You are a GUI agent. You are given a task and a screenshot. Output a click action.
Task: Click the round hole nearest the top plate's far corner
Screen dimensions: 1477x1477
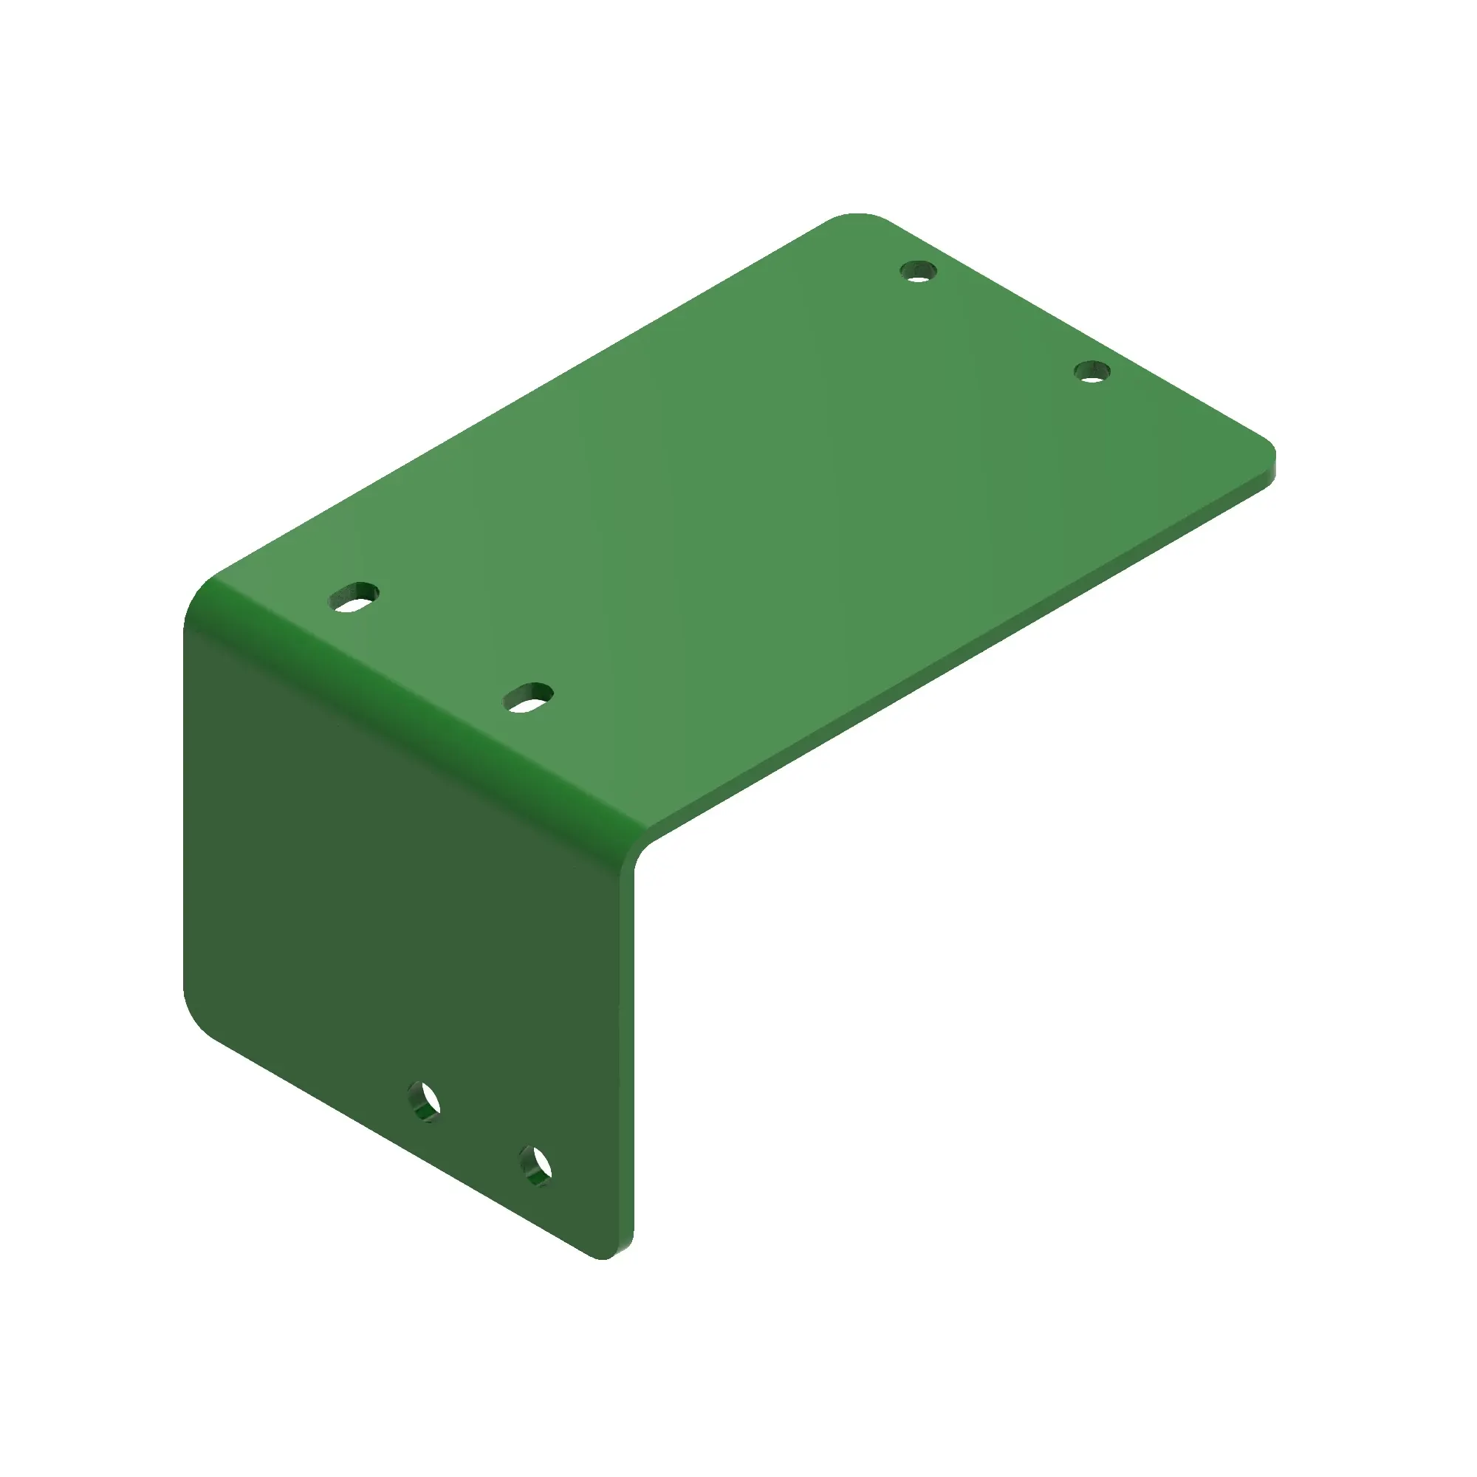point(918,270)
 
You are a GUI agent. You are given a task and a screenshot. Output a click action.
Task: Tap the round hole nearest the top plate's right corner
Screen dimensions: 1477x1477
point(1092,372)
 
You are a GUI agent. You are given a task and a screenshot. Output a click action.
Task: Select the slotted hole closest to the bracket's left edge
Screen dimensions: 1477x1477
point(354,597)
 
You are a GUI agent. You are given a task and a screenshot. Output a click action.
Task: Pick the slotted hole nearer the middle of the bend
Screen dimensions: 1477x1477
point(528,697)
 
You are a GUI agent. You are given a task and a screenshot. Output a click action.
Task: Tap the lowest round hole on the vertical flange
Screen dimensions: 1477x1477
point(536,1166)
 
